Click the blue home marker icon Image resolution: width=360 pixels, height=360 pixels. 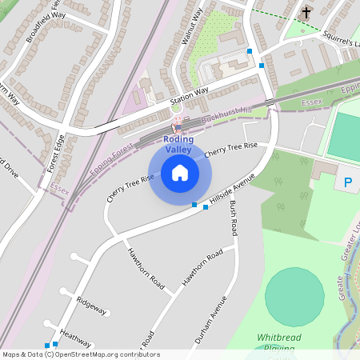(180, 172)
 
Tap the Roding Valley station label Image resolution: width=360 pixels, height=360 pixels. (178, 144)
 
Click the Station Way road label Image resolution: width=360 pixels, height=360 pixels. (189, 96)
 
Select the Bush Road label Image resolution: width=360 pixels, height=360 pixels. (233, 218)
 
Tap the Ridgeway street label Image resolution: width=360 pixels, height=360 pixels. (91, 306)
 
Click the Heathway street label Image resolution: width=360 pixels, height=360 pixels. (75, 336)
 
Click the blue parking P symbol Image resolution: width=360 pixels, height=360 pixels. (348, 182)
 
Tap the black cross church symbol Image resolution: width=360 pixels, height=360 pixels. (306, 13)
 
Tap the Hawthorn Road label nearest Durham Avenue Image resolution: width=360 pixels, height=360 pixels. (202, 269)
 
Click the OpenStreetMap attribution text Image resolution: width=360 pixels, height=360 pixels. (80, 354)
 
